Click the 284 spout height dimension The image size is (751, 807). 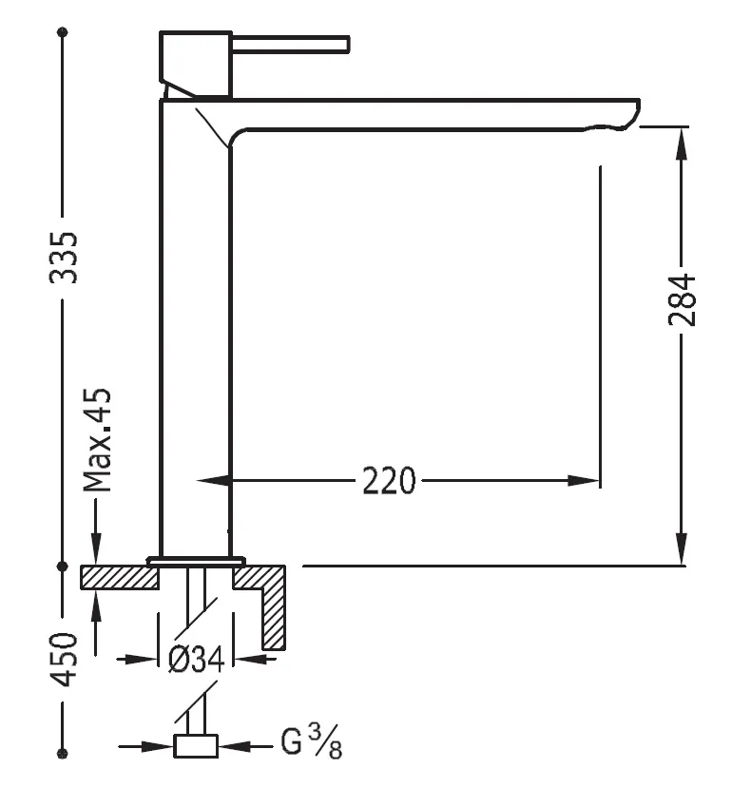pos(682,300)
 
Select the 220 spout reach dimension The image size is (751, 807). pos(389,481)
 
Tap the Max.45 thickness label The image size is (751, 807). pos(97,440)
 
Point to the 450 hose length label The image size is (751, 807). pos(64,659)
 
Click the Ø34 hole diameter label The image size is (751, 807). pos(196,659)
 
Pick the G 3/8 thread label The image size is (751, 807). pos(311,743)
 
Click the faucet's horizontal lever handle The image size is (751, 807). pos(290,44)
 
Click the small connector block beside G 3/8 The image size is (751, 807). pos(197,746)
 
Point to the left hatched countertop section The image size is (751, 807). pos(119,576)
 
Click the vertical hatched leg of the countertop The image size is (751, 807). pos(274,613)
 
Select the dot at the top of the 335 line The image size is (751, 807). pos(64,32)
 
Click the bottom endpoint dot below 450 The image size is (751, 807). pos(64,754)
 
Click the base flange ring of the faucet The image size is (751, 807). pos(196,560)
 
